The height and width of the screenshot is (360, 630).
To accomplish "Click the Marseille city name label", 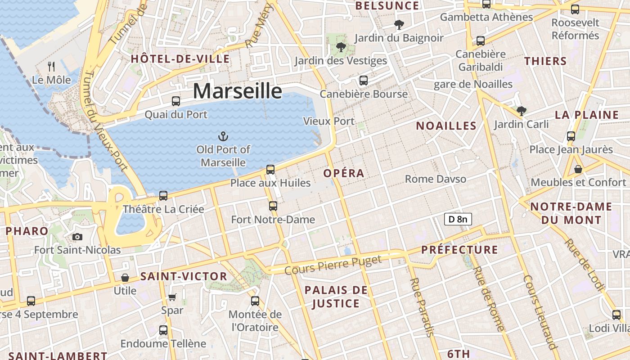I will [x=238, y=91].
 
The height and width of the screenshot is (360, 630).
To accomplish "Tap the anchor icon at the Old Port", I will [x=223, y=136].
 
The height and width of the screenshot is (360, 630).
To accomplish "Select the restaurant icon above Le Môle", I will [x=51, y=67].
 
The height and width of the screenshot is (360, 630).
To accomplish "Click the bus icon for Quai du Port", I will [x=176, y=101].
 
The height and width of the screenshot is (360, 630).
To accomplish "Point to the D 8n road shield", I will [x=458, y=219].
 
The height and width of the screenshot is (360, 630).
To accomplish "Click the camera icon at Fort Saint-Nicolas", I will [x=77, y=237].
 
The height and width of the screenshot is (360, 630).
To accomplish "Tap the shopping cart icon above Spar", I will [x=172, y=297].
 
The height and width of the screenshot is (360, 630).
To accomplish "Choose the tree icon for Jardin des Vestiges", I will [x=341, y=47].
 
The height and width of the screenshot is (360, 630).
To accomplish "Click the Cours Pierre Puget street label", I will [x=333, y=265].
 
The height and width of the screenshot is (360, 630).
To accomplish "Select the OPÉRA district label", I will [x=344, y=173].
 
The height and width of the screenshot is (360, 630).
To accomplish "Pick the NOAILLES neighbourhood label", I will [x=446, y=126].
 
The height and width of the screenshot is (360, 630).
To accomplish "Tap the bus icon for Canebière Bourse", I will [x=363, y=81].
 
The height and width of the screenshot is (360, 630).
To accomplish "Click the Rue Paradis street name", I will [x=422, y=307].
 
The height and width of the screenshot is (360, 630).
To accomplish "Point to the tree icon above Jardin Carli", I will [x=522, y=110].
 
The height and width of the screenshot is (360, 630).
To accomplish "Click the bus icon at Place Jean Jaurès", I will [x=571, y=136].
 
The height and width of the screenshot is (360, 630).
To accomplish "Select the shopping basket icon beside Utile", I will [x=125, y=278].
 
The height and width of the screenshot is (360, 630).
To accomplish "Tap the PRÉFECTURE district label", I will [x=459, y=250].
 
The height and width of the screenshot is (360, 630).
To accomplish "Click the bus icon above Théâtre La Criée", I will [x=163, y=196].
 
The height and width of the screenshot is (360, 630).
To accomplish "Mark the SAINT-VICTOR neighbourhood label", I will [x=184, y=276].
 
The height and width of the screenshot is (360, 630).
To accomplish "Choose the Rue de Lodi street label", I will [x=585, y=264].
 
